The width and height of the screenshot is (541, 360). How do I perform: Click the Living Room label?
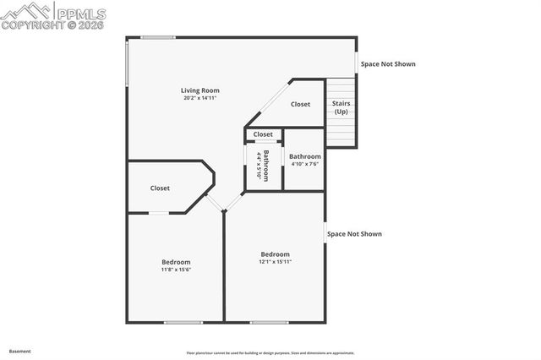click(x=200, y=90)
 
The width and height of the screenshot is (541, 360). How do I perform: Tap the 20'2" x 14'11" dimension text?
click(x=200, y=98)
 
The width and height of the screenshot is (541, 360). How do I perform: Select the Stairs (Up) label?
click(x=341, y=107)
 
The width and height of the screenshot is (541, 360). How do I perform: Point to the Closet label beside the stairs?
click(x=300, y=105)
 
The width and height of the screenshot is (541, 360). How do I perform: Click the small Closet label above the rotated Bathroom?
click(x=263, y=134)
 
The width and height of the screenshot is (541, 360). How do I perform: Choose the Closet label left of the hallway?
click(x=160, y=188)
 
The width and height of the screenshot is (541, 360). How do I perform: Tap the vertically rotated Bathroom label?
click(x=265, y=166)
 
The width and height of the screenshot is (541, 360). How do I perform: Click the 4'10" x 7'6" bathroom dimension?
click(x=304, y=164)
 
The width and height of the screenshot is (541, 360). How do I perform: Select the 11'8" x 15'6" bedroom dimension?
click(x=176, y=270)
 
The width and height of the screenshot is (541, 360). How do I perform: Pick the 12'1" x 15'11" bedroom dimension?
click(x=275, y=262)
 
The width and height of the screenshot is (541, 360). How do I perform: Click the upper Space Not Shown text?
click(x=388, y=64)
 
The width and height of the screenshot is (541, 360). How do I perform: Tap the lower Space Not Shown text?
click(x=354, y=234)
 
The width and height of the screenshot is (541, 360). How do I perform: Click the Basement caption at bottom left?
click(x=19, y=351)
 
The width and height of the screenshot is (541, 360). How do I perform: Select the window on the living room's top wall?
click(x=158, y=37)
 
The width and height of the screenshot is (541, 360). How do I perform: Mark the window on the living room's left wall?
click(x=128, y=63)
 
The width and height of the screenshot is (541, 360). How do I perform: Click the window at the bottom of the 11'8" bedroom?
click(x=183, y=322)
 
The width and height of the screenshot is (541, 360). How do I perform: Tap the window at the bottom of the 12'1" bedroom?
click(x=269, y=322)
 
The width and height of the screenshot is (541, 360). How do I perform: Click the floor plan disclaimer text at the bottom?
click(x=270, y=353)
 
